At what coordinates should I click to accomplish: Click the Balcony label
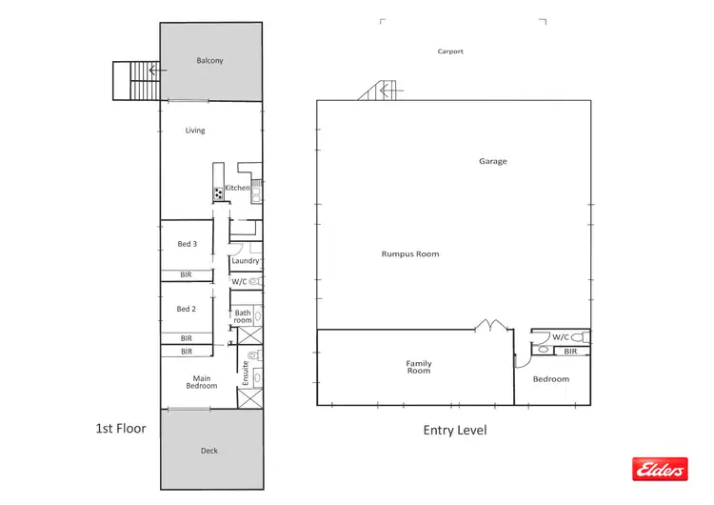coord(209,61)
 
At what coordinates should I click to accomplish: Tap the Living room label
coord(194,131)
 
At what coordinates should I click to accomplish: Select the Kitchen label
coord(237,188)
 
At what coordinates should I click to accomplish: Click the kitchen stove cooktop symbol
coord(218,193)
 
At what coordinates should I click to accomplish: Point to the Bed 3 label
coord(187,244)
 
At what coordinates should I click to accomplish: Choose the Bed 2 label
coord(187,309)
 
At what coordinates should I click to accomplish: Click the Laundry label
coord(245,261)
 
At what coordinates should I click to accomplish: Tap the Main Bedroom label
coord(202,382)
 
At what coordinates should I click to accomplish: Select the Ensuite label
coord(246,372)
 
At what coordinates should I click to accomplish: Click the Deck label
coord(209,451)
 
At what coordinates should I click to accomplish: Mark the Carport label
coord(450,51)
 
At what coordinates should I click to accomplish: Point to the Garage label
coord(492,161)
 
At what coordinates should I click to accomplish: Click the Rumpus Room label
coord(409,254)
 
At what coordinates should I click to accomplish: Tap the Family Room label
coord(419,367)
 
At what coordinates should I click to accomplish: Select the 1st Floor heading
coord(120,429)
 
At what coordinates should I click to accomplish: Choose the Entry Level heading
coord(454,431)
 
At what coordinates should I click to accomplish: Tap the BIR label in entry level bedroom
coord(570,352)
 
